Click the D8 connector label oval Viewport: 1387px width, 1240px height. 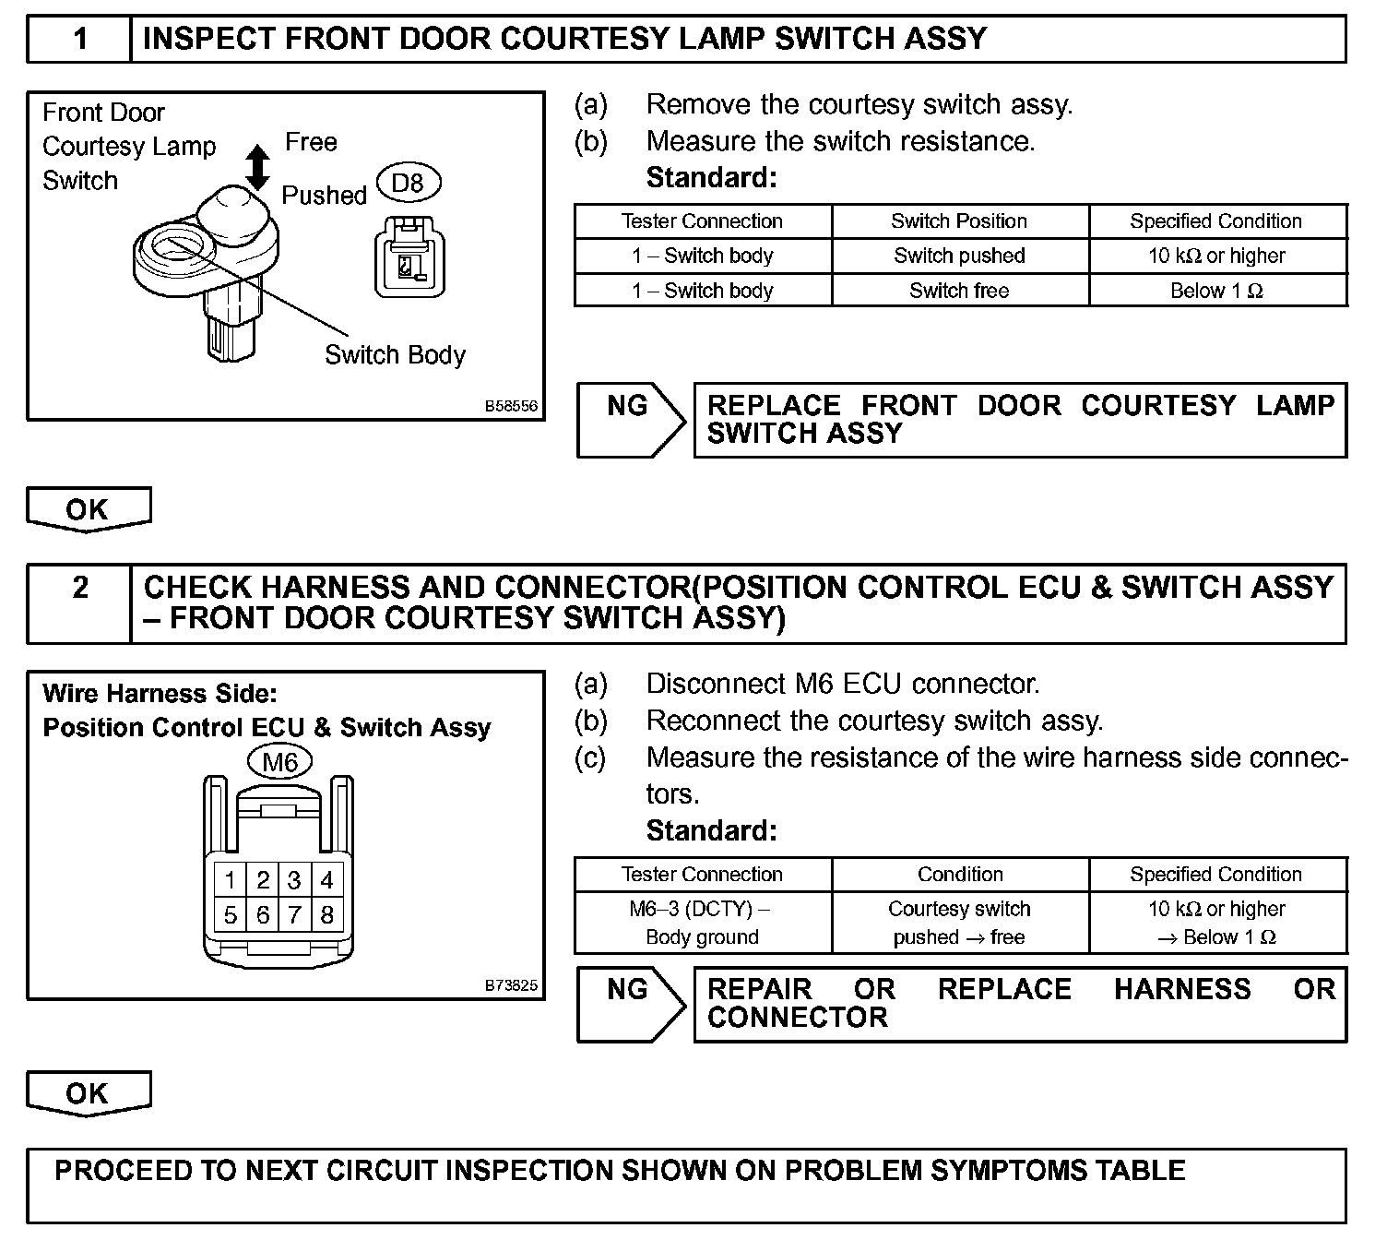[408, 183]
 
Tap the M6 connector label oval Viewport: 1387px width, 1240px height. [280, 762]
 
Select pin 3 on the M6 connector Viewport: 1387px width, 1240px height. [294, 880]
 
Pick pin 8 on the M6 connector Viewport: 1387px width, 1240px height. [326, 915]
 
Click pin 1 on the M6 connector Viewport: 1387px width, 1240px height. [231, 880]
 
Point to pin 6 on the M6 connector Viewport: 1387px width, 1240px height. [263, 915]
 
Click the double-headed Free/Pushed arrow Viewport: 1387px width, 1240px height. [259, 168]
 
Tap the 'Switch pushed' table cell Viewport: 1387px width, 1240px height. [959, 256]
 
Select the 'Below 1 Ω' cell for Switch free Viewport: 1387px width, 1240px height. [1216, 291]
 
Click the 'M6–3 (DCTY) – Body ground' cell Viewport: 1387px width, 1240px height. [702, 923]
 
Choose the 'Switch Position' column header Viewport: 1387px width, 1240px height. [959, 221]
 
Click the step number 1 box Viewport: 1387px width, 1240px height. [81, 39]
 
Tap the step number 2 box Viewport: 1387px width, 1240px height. [81, 588]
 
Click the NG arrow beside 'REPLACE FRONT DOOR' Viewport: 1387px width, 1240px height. [631, 420]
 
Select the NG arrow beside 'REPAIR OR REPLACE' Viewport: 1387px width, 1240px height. [631, 1004]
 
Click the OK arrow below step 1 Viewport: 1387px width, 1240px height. [88, 510]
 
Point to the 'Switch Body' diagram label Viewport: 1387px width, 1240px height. [395, 355]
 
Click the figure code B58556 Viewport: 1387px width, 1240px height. [512, 406]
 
